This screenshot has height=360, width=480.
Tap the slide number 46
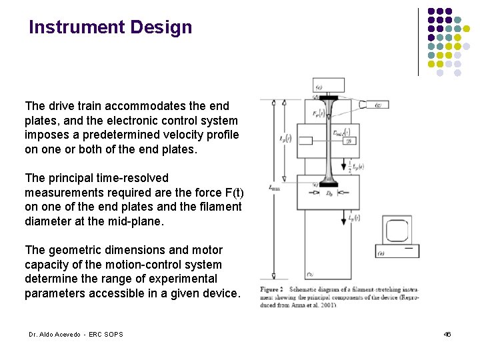pyautogui.click(x=447, y=333)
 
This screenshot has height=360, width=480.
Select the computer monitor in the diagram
pyautogui.click(x=399, y=231)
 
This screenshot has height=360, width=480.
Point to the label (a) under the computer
pyautogui.click(x=381, y=253)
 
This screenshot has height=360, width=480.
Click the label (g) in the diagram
pyautogui.click(x=379, y=105)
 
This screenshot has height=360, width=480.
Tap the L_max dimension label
pyautogui.click(x=274, y=189)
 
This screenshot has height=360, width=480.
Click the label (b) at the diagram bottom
pyautogui.click(x=311, y=274)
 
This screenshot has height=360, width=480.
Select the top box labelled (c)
pyautogui.click(x=329, y=85)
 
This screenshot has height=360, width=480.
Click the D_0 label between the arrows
pyautogui.click(x=328, y=193)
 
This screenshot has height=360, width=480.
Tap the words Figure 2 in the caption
pyautogui.click(x=271, y=289)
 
